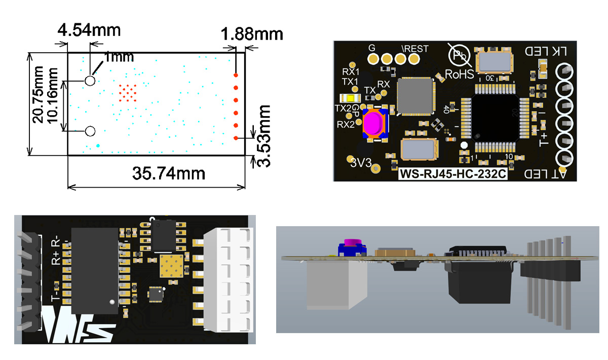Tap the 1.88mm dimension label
tap(252, 35)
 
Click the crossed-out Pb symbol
tap(460, 55)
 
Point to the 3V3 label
tap(361, 163)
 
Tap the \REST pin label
tap(414, 49)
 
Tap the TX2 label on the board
tap(343, 107)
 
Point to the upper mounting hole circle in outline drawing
tap(90, 80)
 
